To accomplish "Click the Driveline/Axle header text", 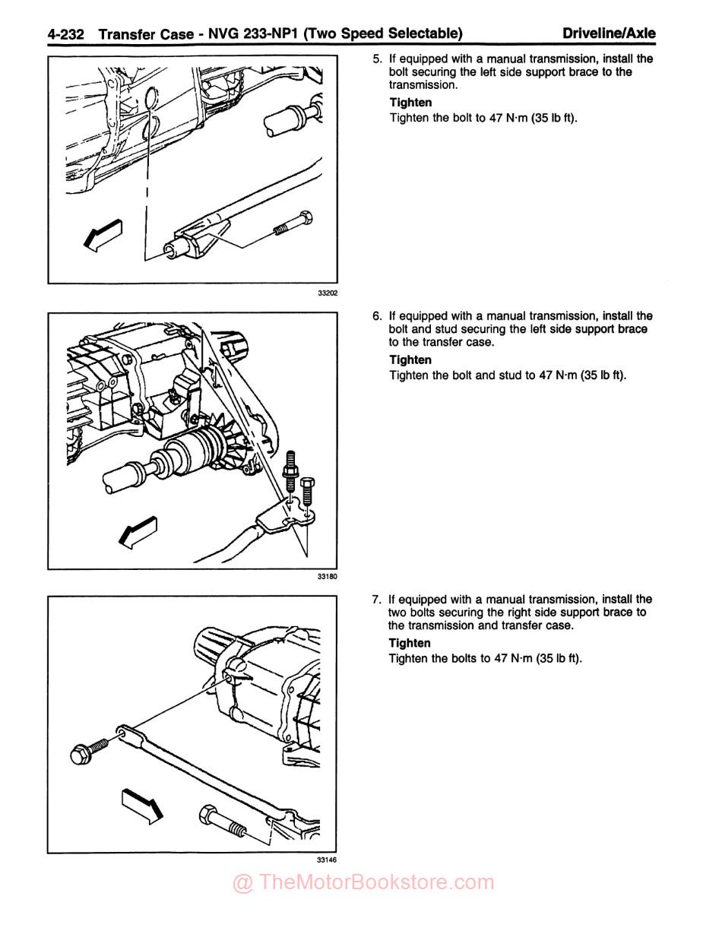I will [x=609, y=33].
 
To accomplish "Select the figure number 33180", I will [x=328, y=577].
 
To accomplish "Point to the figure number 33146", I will [x=328, y=860].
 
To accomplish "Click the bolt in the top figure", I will [x=292, y=223].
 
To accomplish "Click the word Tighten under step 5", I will [x=410, y=103].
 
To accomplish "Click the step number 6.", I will [x=377, y=315].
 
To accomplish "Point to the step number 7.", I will [x=377, y=599].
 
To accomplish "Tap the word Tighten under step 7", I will [x=410, y=643].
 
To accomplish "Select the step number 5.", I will [x=377, y=59].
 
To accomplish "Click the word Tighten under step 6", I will [x=410, y=359].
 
